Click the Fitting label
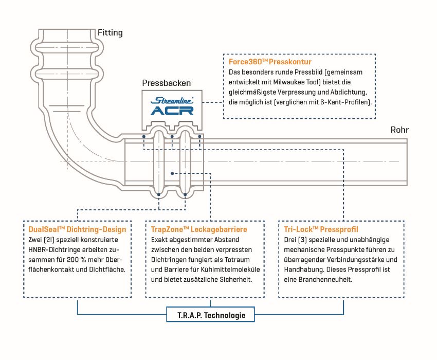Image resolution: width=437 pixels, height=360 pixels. click(110, 33)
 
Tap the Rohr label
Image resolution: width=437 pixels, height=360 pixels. click(399, 130)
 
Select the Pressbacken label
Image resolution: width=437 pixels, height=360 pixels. click(167, 83)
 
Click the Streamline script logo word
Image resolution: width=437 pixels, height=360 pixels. click(172, 100)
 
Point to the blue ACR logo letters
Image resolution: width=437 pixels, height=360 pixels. click(172, 111)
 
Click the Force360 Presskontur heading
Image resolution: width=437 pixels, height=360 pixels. click(270, 62)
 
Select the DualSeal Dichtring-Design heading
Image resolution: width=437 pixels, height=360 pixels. click(77, 229)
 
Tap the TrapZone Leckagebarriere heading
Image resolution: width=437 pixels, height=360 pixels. click(199, 229)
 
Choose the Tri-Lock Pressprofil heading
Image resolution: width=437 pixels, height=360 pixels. click(321, 229)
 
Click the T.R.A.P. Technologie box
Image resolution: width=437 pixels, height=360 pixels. click(210, 315)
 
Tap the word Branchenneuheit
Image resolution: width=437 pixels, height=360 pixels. click(325, 280)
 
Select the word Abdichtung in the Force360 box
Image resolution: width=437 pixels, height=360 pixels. click(349, 92)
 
